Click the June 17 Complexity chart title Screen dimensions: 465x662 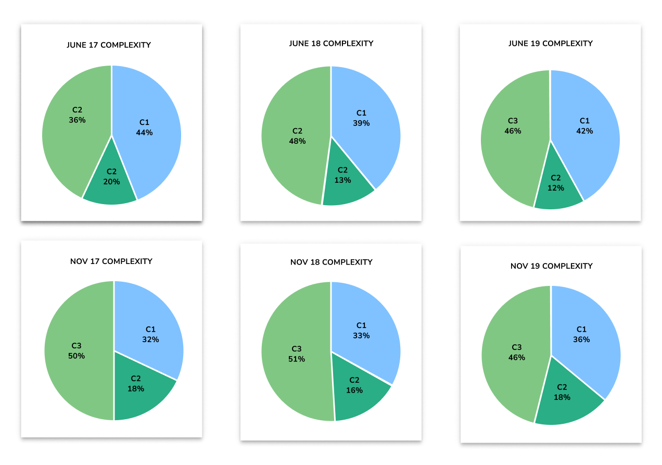point(109,45)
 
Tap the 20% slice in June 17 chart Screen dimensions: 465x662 point(111,180)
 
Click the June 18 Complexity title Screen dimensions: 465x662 point(331,44)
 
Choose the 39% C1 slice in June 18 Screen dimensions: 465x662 point(364,120)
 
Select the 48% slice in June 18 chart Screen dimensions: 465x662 point(294,138)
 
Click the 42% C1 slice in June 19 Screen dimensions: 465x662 point(585,128)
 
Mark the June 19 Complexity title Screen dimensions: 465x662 point(551,44)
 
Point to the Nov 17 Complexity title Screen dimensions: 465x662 point(111,261)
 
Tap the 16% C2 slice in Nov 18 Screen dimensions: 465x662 point(357,388)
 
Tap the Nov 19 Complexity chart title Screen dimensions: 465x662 point(552,266)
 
